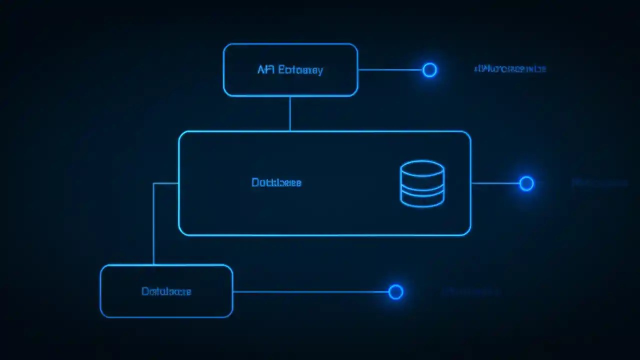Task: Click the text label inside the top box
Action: (290, 70)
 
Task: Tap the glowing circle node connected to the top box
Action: (429, 70)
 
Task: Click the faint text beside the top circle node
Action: (509, 69)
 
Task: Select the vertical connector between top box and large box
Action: (290, 113)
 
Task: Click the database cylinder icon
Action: (422, 183)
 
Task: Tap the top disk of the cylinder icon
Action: (422, 168)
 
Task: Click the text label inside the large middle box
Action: (276, 183)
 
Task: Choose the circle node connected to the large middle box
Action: (526, 183)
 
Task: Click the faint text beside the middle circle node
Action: (599, 183)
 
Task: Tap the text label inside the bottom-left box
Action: (166, 291)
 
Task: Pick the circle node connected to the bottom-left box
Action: (395, 292)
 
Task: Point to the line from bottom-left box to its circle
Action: (310, 292)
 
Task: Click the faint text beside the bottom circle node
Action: (471, 291)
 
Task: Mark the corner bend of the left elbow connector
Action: (154, 183)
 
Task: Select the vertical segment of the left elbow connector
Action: (153, 225)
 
